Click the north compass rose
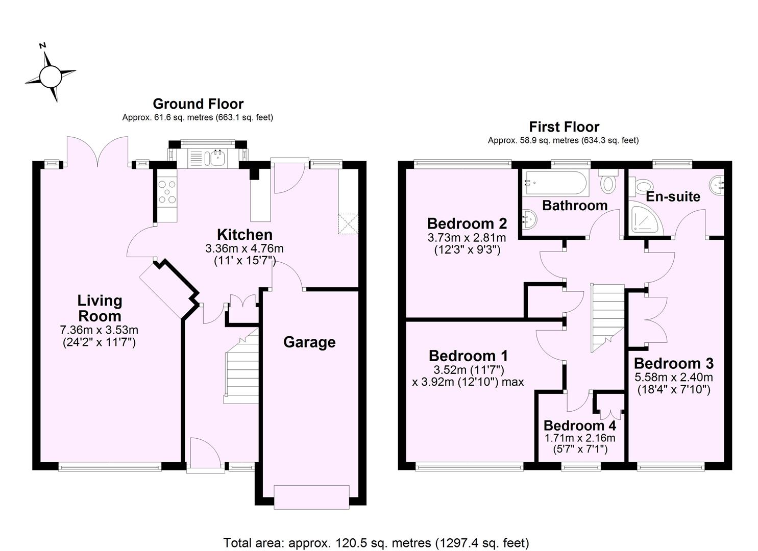pos(50,77)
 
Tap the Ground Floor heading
pos(198,104)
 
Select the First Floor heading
pos(564,127)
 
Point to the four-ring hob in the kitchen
pos(167,192)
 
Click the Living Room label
pos(100,308)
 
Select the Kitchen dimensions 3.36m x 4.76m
pos(244,249)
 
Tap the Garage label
pos(309,342)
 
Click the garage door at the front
pos(312,497)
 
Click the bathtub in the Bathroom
pos(556,184)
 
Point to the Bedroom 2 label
pos(467,223)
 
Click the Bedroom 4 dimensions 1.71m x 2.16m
pos(579,438)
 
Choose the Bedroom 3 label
pos(673,363)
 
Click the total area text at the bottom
pos(376,542)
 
